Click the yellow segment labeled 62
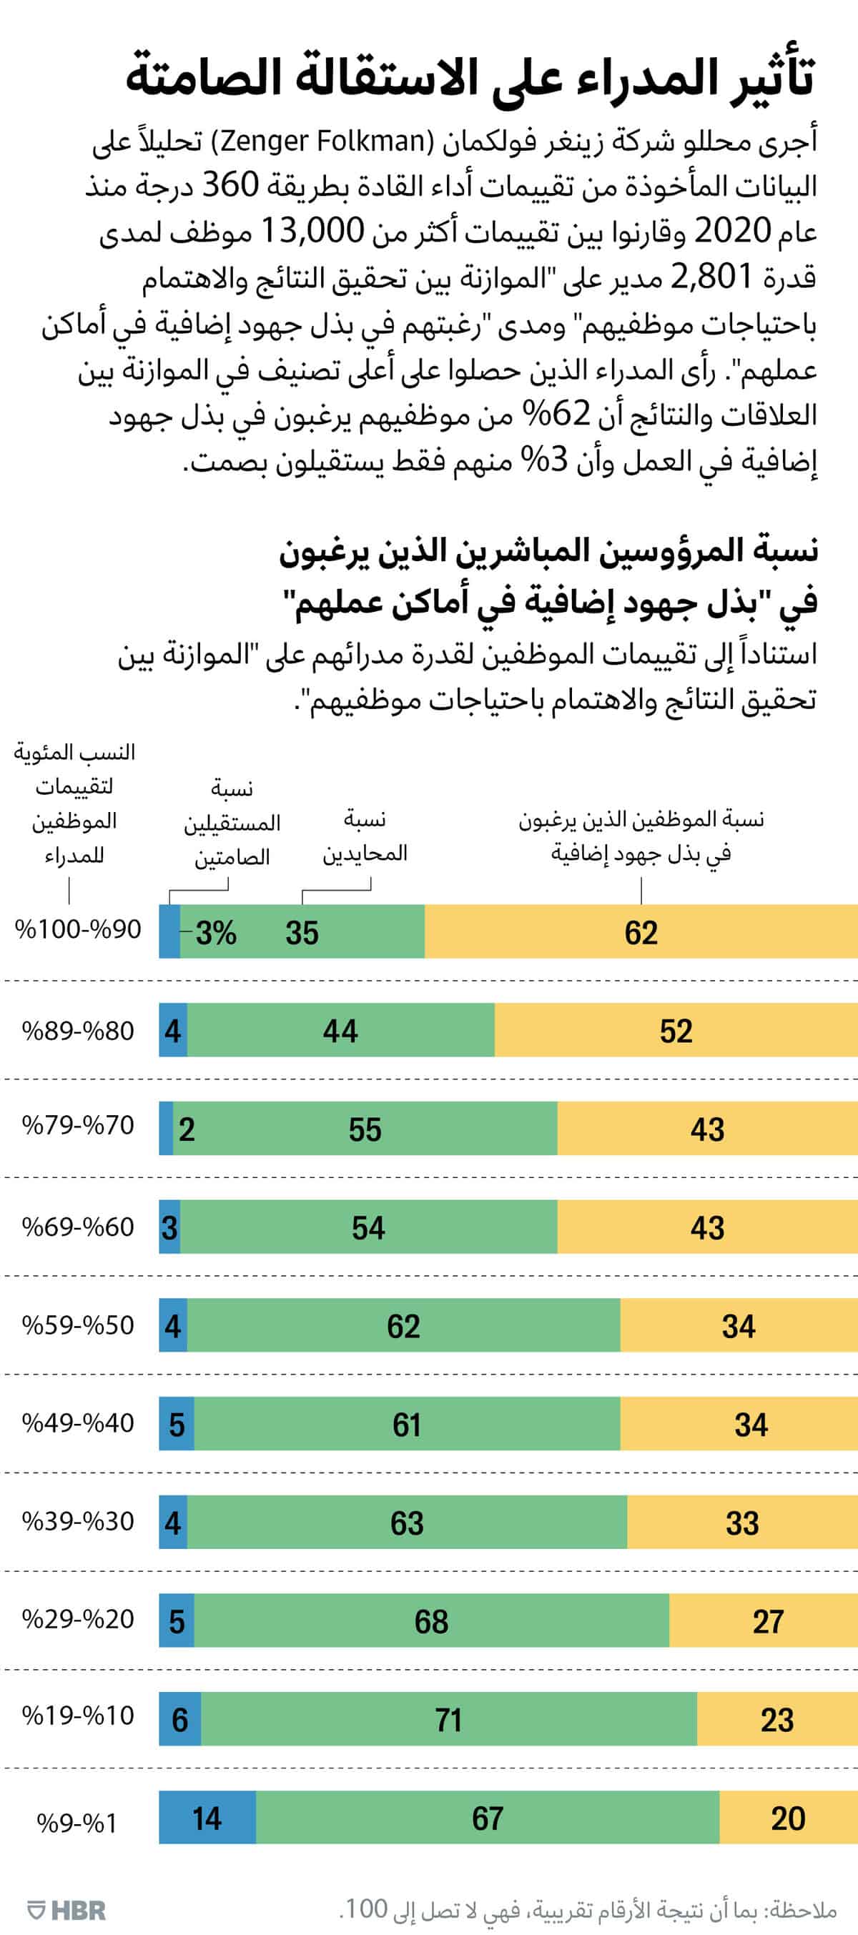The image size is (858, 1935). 641,931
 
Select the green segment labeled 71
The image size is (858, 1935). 448,1718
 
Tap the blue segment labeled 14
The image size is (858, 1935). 207,1818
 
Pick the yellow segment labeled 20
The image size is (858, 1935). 788,1818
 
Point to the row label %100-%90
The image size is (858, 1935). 77,929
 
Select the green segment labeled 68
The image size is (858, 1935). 431,1621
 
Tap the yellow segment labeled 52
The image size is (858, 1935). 676,1031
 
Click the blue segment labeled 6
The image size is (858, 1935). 179,1719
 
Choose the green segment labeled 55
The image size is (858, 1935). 365,1129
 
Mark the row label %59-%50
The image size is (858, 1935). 77,1325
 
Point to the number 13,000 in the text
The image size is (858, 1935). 312,231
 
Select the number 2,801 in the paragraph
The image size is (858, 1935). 711,277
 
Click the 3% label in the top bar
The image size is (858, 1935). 216,932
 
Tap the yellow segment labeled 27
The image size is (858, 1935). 768,1621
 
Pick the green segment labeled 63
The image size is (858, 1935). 406,1523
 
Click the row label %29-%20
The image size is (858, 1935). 77,1619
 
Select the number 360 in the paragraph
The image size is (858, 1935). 231,185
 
